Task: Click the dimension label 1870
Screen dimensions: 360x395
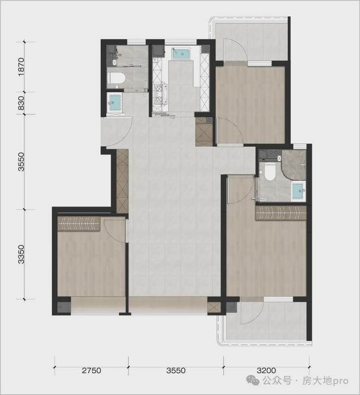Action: (22, 66)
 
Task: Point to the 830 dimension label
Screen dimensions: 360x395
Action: (22, 103)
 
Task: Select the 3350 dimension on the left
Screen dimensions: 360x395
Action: (22, 254)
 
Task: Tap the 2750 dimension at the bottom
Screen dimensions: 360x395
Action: (92, 370)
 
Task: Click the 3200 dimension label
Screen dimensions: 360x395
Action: (266, 370)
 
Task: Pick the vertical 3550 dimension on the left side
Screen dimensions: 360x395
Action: (22, 162)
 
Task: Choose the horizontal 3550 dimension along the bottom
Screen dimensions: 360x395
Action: (176, 370)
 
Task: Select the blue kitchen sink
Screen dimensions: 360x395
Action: (181, 53)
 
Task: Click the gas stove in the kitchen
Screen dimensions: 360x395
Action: (161, 95)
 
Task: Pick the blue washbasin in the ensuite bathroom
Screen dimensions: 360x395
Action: (299, 191)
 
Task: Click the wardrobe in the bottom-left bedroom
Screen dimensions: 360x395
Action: (79, 224)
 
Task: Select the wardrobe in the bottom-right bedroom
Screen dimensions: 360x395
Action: (281, 213)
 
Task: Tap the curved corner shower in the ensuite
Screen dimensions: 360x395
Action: (294, 165)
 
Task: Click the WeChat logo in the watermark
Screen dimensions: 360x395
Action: (253, 380)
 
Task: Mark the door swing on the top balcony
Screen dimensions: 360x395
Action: (235, 50)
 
